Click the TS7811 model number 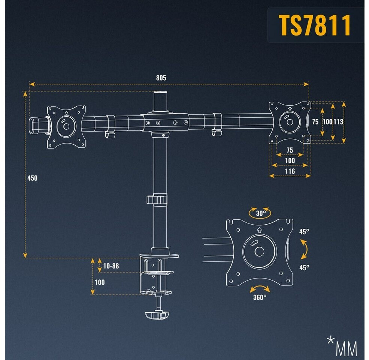315,25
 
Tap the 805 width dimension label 161,78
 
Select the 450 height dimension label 33,178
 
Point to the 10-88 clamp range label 111,266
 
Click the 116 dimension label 290,171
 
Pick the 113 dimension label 338,121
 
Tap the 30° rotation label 261,214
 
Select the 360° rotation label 260,297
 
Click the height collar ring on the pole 157,199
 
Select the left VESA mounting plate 66,126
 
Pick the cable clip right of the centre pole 216,124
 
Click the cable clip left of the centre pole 109,126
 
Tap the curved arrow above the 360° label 260,289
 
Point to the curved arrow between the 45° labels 305,249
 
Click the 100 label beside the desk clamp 100,282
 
